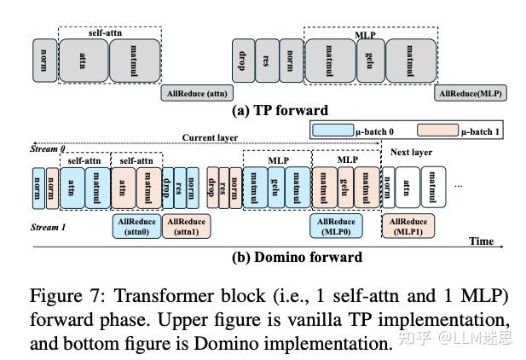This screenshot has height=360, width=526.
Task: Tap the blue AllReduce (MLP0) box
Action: pos(336,225)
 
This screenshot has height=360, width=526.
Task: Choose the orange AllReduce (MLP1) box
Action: pos(408,225)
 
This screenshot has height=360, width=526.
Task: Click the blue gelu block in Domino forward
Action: pos(276,187)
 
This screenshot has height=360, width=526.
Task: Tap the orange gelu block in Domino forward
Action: pos(345,187)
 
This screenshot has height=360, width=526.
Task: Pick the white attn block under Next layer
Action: pos(407,187)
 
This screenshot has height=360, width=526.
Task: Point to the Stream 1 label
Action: pos(49,228)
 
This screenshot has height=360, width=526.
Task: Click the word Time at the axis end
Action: pos(481,241)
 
